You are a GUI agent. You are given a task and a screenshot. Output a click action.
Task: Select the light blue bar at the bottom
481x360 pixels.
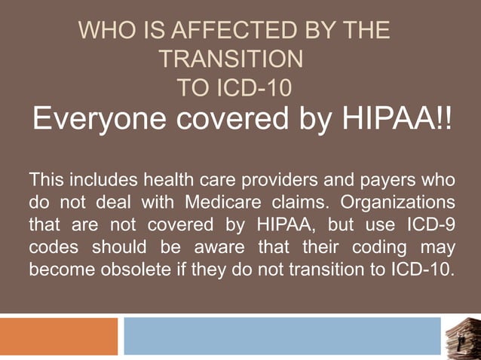(282, 336)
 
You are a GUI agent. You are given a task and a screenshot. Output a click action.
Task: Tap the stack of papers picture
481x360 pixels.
(461, 336)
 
